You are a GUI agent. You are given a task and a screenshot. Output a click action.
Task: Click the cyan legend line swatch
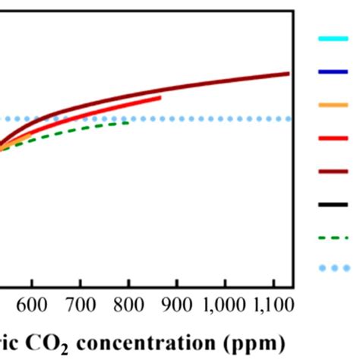tap(332, 39)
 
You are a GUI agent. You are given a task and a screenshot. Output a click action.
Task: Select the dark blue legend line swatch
tap(332, 72)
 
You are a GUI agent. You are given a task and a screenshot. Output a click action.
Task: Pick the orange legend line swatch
tap(332, 105)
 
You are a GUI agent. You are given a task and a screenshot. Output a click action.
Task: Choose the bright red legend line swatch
tap(332, 137)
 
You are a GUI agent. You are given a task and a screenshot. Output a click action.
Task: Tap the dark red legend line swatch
tap(332, 170)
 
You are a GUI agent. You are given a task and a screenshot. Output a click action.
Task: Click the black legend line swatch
tap(332, 203)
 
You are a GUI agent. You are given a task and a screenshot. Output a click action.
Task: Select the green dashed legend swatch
tap(332, 236)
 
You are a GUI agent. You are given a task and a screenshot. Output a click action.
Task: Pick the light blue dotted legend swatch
tap(332, 268)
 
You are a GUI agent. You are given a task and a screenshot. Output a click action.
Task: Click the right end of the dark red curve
tap(289, 74)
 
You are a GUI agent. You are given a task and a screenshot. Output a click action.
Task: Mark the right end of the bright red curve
tap(159, 97)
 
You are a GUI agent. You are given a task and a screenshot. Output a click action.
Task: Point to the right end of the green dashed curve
tap(128, 122)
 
